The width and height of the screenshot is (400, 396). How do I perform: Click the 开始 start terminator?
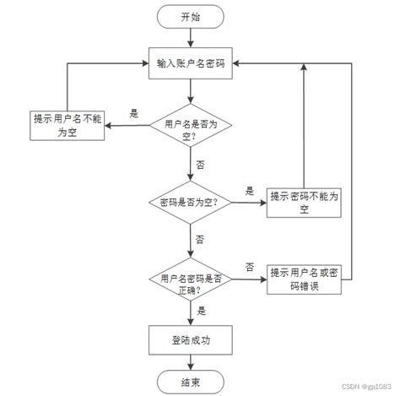click(x=191, y=16)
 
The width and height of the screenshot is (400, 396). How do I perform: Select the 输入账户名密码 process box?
click(x=191, y=62)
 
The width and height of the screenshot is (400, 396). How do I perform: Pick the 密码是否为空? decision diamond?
click(x=190, y=202)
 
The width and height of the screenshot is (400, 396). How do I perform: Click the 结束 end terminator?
click(x=191, y=382)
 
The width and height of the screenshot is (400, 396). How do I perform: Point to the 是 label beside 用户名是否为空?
click(x=133, y=113)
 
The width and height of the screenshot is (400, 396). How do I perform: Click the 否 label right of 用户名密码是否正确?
click(x=250, y=267)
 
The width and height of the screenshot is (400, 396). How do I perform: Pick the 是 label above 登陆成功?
click(x=201, y=311)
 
